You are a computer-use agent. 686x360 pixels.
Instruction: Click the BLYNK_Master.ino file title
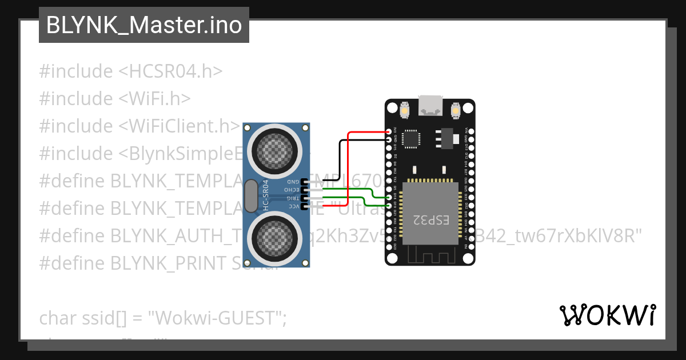pyautogui.click(x=143, y=25)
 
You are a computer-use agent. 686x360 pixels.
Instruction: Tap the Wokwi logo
pyautogui.click(x=607, y=315)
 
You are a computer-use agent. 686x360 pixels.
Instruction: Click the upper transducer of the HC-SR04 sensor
pyautogui.click(x=277, y=149)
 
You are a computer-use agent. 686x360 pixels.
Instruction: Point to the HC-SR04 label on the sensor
pyautogui.click(x=266, y=195)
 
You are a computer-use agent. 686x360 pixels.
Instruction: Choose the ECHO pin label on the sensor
pyautogui.click(x=292, y=189)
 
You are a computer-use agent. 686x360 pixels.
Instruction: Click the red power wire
pyautogui.click(x=349, y=166)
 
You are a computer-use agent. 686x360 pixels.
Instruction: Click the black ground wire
pyautogui.click(x=340, y=160)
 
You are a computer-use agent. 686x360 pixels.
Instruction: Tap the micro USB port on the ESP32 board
pyautogui.click(x=430, y=105)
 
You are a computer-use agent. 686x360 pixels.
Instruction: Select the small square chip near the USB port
pyautogui.click(x=411, y=138)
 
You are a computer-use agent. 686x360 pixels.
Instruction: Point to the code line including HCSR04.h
pyautogui.click(x=130, y=71)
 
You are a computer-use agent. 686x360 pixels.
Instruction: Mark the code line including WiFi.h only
pyautogui.click(x=114, y=99)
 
